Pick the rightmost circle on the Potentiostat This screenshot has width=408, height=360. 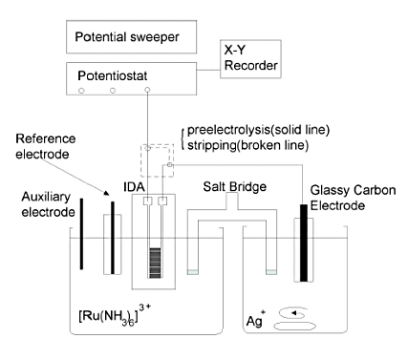click(x=148, y=92)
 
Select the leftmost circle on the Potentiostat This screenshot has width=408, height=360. click(x=80, y=92)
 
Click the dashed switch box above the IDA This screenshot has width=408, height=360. click(x=157, y=160)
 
